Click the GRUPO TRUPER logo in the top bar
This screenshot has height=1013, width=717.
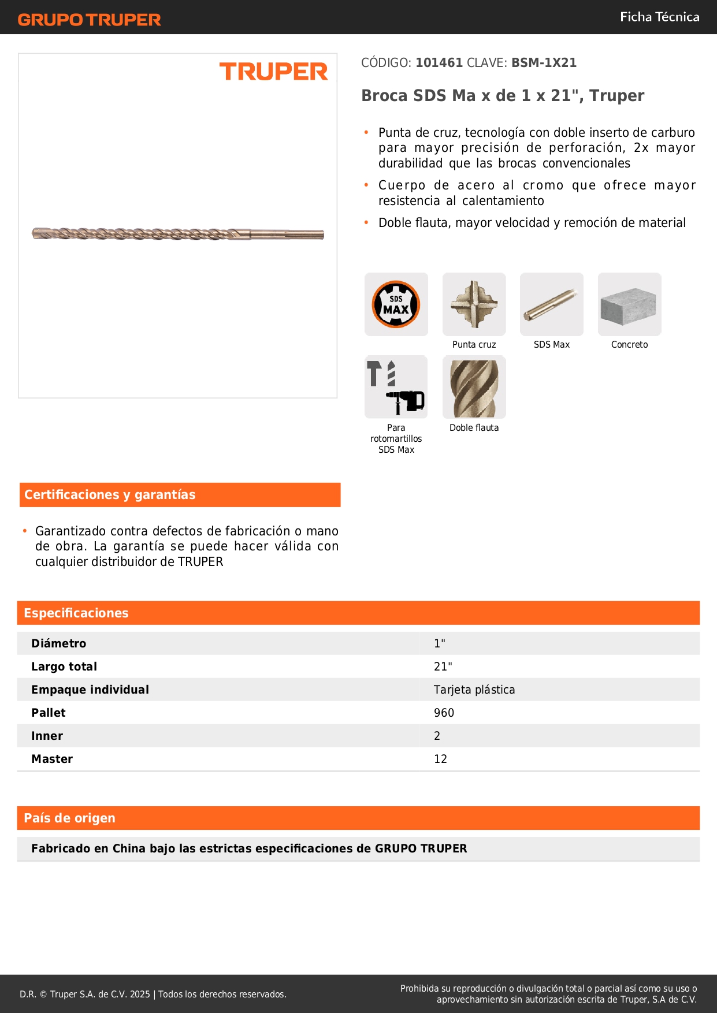pos(89,20)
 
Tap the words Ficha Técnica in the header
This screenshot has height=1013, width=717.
pos(659,17)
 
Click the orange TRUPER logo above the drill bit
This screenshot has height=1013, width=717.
pos(273,72)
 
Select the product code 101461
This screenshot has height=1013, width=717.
pos(439,63)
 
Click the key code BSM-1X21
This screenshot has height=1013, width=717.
pos(544,63)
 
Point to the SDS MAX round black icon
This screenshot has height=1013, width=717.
pos(396,304)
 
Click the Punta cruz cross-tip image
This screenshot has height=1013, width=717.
pos(474,304)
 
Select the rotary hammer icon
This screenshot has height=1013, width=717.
pos(396,387)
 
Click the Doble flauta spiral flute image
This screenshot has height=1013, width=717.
pos(474,387)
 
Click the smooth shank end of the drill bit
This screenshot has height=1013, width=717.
pos(289,234)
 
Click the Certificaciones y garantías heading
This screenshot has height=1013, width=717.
pos(110,495)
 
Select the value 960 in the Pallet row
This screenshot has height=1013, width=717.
pos(444,713)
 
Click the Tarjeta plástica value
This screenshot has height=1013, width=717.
pos(474,690)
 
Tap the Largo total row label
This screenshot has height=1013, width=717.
pos(64,666)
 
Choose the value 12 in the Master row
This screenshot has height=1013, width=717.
pos(440,759)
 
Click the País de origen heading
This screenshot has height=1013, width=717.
pos(69,818)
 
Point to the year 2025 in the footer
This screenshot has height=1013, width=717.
pos(140,994)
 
